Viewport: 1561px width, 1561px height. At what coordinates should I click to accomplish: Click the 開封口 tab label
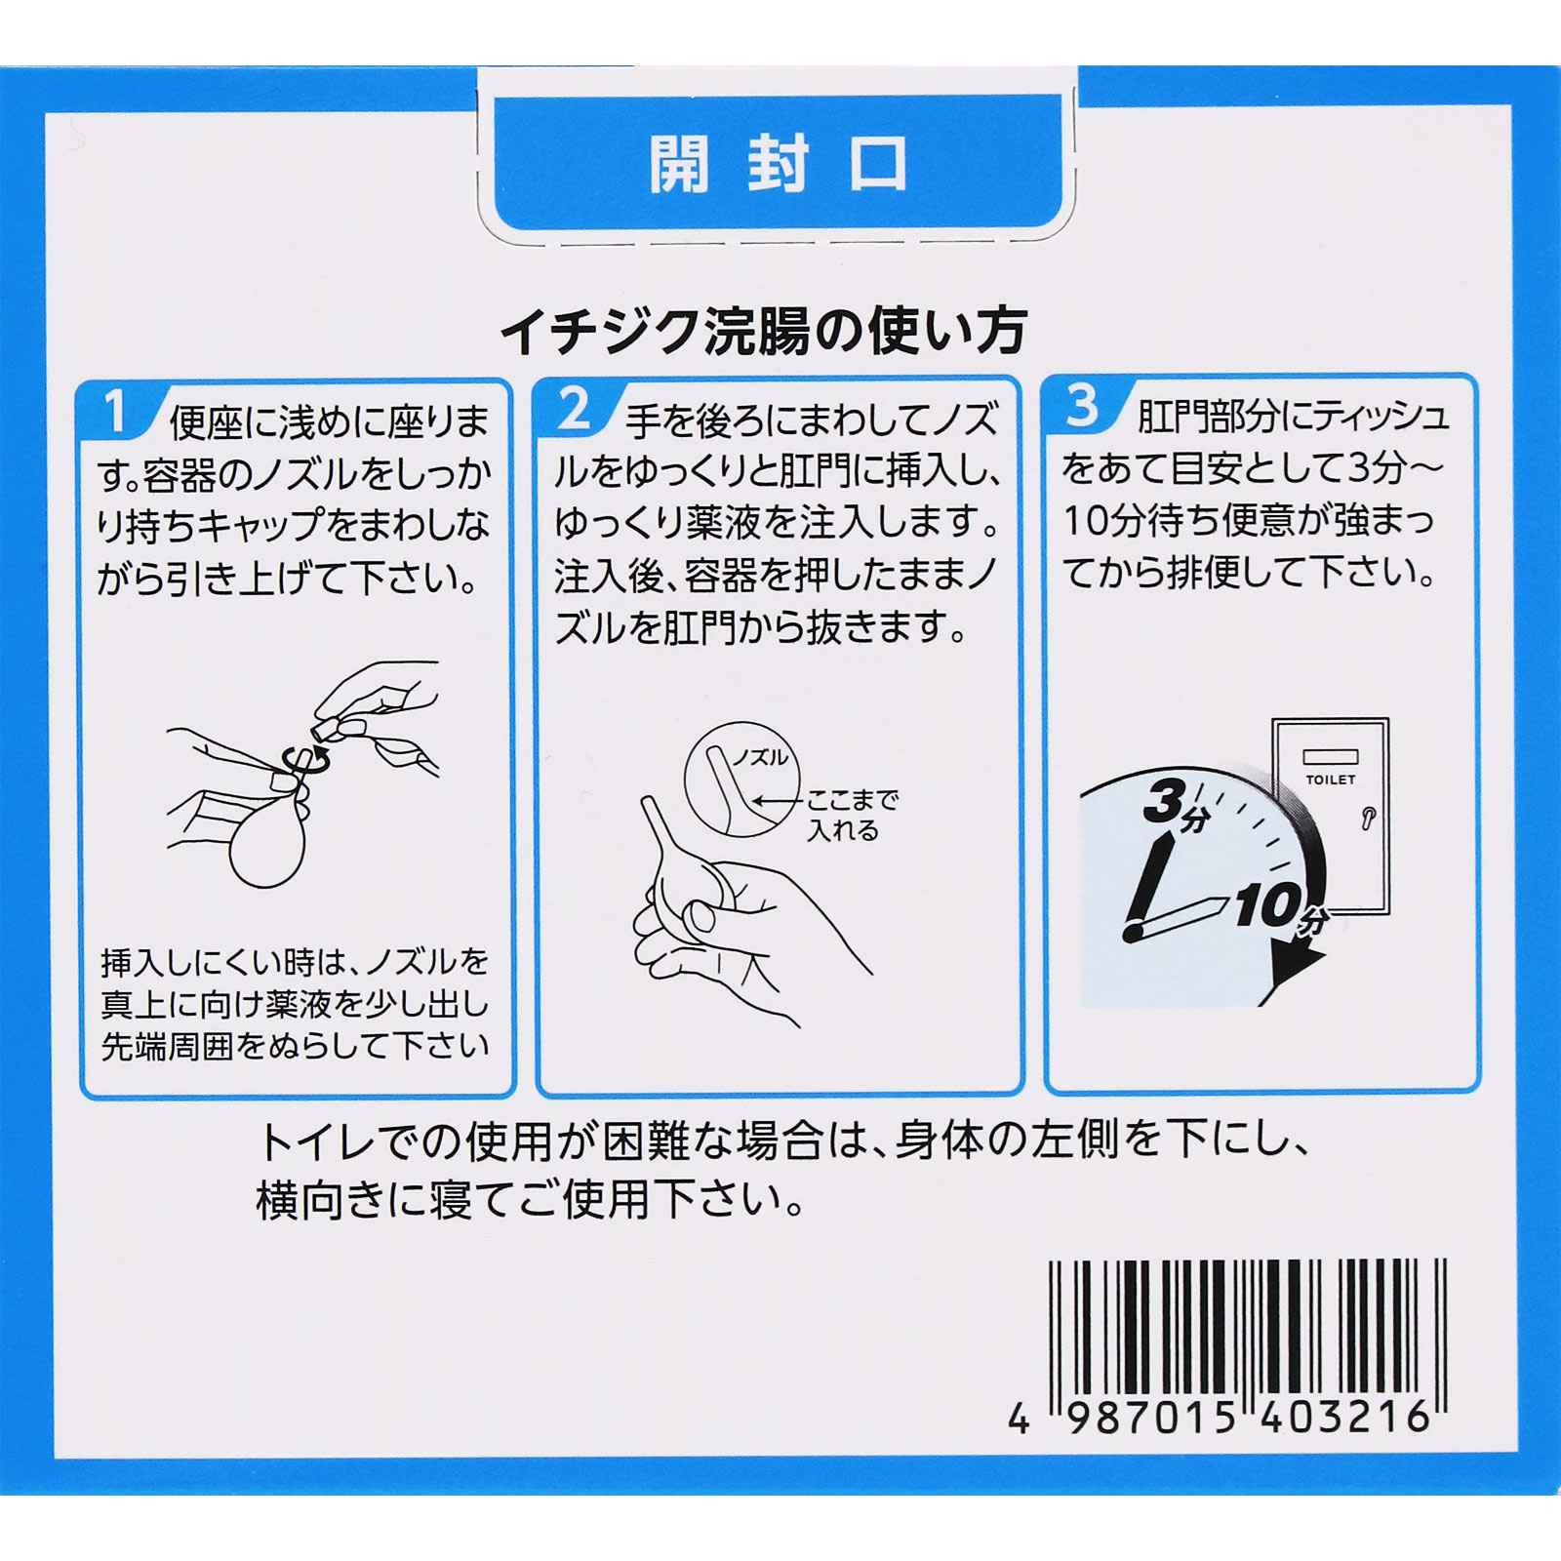(779, 164)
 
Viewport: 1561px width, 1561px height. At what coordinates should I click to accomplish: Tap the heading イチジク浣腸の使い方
(764, 332)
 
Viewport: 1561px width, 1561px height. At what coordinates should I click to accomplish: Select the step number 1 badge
(116, 411)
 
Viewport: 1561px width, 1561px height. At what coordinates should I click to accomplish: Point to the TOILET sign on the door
(1331, 780)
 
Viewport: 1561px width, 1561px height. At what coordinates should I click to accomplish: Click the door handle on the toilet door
(1368, 817)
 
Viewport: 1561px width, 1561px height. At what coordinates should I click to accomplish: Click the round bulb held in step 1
(266, 845)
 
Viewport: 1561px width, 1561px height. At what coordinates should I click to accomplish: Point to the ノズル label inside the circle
(760, 758)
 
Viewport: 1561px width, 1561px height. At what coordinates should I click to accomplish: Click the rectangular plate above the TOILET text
(1331, 757)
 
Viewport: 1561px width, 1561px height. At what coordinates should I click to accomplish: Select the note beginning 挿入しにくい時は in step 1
(295, 1005)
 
